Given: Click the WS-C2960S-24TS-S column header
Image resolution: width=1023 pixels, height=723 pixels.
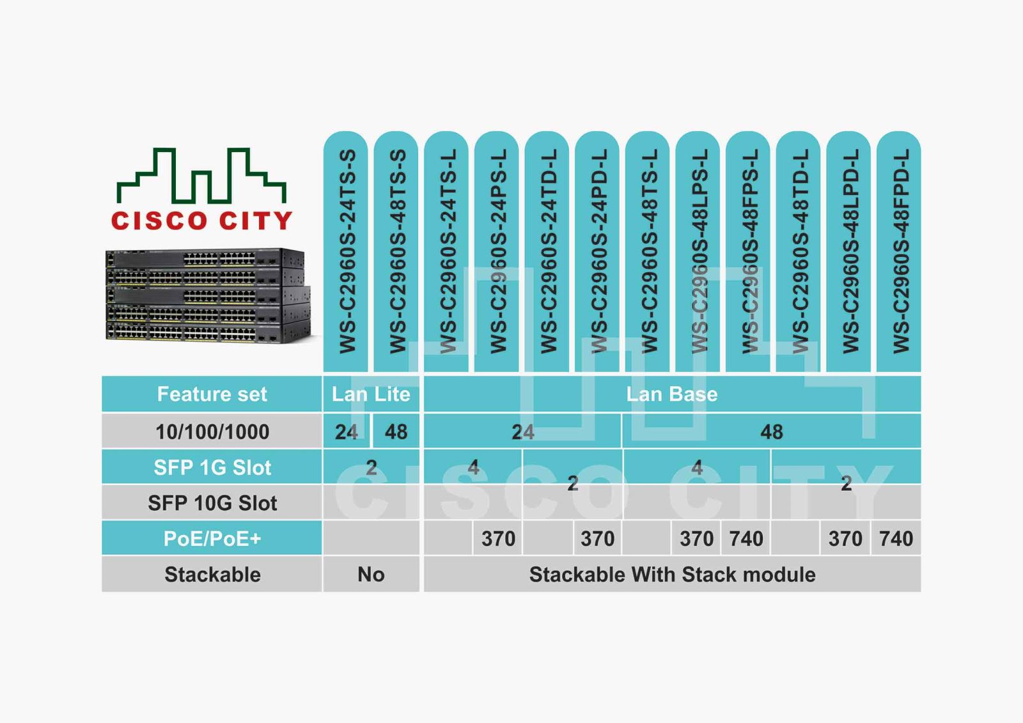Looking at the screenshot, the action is point(346,251).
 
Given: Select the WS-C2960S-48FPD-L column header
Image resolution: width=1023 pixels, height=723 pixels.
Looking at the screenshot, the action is point(899,251).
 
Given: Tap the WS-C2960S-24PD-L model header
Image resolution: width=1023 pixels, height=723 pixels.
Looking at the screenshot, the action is point(597,251).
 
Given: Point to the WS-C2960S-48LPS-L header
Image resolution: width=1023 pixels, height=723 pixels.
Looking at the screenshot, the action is point(698,251).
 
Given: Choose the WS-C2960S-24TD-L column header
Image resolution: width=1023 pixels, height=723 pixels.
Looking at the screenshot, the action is point(547,251).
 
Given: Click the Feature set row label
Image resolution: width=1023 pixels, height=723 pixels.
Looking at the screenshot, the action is point(212,394).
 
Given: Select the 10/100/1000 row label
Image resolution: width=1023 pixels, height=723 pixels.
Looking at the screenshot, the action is point(212,431).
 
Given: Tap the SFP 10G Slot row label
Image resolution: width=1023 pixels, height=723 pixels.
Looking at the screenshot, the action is point(212,503).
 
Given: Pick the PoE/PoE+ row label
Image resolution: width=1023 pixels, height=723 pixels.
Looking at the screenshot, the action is point(212,538).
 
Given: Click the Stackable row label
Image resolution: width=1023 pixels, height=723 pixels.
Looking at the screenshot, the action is point(212,574).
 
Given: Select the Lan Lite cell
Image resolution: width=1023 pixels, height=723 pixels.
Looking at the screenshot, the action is point(371,394).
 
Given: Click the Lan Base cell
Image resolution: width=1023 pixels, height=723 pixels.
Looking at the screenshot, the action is point(672,394).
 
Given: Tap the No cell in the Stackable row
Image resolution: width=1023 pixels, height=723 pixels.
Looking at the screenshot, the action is point(371,574).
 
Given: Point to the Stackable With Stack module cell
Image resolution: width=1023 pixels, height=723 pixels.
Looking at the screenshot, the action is point(672,574).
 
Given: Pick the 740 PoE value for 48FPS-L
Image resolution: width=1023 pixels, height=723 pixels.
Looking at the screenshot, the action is point(746,538).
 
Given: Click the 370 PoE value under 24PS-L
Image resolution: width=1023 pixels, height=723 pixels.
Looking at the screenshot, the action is point(498,538).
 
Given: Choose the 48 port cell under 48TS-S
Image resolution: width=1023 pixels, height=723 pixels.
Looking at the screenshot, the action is point(396,431).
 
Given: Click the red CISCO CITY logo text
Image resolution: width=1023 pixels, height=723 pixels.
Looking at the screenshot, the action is point(201,221).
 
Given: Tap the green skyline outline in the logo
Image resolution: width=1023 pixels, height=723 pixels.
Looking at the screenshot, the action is point(201,175).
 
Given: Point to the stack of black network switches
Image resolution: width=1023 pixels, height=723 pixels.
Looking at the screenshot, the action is point(208,295).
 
